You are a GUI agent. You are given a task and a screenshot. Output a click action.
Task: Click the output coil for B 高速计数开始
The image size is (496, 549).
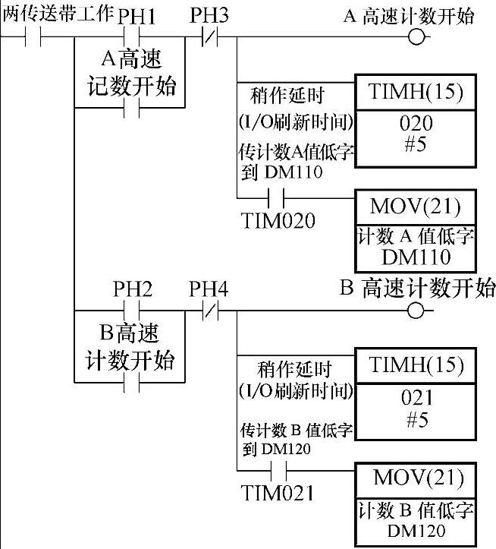(x=415, y=311)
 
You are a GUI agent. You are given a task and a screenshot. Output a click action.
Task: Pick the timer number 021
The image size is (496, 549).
(x=416, y=398)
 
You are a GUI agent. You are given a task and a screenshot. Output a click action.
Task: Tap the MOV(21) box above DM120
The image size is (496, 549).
(x=416, y=479)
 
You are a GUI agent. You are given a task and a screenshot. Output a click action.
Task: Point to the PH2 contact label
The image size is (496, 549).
(x=133, y=289)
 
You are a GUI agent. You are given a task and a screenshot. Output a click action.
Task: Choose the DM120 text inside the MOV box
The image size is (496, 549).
(x=416, y=531)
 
